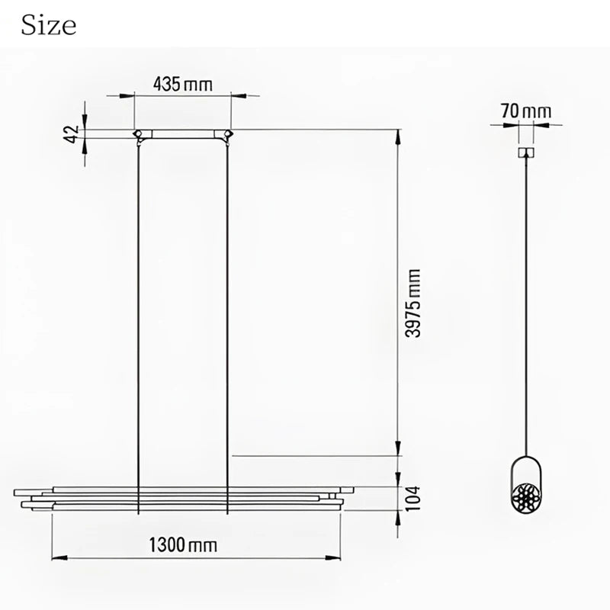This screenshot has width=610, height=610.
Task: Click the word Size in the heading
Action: click(49, 25)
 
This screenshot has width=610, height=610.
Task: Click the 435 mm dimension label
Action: click(182, 83)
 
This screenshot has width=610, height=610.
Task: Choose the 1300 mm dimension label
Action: click(182, 545)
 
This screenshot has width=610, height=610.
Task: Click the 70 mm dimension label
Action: click(525, 111)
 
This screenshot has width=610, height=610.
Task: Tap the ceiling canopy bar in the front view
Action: click(183, 134)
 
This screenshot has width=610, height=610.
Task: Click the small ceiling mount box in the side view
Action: click(525, 153)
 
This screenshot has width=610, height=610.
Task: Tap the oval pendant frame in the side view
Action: click(525, 488)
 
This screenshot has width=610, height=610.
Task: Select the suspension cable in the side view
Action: click(525, 305)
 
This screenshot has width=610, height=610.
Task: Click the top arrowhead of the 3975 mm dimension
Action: click(397, 136)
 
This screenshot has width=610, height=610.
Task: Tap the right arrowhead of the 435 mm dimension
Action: click(237, 96)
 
